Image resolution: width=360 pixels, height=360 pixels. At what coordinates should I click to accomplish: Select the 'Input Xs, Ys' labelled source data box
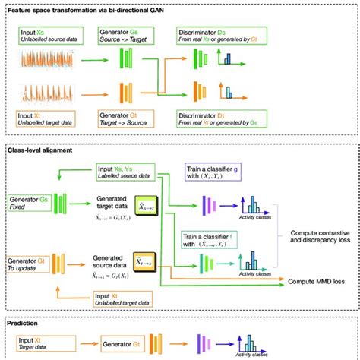click(125, 172)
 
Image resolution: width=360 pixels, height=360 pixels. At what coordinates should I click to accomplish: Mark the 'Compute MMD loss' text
click(317, 281)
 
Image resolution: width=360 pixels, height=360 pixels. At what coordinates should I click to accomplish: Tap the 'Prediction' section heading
click(27, 321)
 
